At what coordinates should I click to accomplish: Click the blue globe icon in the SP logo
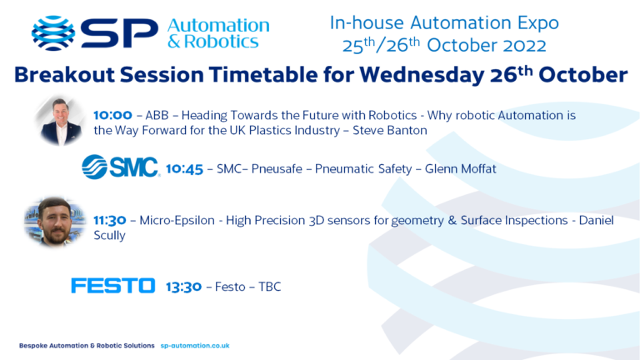point(52,32)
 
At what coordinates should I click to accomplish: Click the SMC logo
point(120,167)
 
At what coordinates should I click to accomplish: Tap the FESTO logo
point(112,287)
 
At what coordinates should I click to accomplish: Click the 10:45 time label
point(184,169)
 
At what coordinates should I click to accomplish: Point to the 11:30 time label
point(110,221)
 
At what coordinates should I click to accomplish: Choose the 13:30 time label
point(183,287)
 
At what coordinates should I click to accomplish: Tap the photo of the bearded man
point(55,222)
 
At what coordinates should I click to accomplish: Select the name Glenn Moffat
point(460,169)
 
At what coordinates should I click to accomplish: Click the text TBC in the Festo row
point(269,287)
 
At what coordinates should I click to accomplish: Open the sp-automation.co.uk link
point(194,345)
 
